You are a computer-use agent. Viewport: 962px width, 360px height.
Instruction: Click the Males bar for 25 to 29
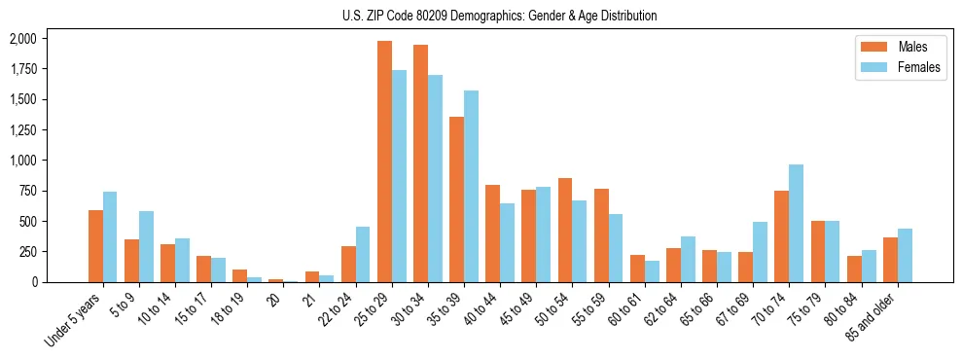(x=384, y=162)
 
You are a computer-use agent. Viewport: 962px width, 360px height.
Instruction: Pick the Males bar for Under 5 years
(x=95, y=245)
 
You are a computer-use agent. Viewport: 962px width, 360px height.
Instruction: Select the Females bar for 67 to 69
(x=760, y=251)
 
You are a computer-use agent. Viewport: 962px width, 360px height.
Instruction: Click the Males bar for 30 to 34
(x=420, y=163)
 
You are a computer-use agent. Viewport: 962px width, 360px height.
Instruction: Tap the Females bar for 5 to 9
(x=146, y=246)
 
